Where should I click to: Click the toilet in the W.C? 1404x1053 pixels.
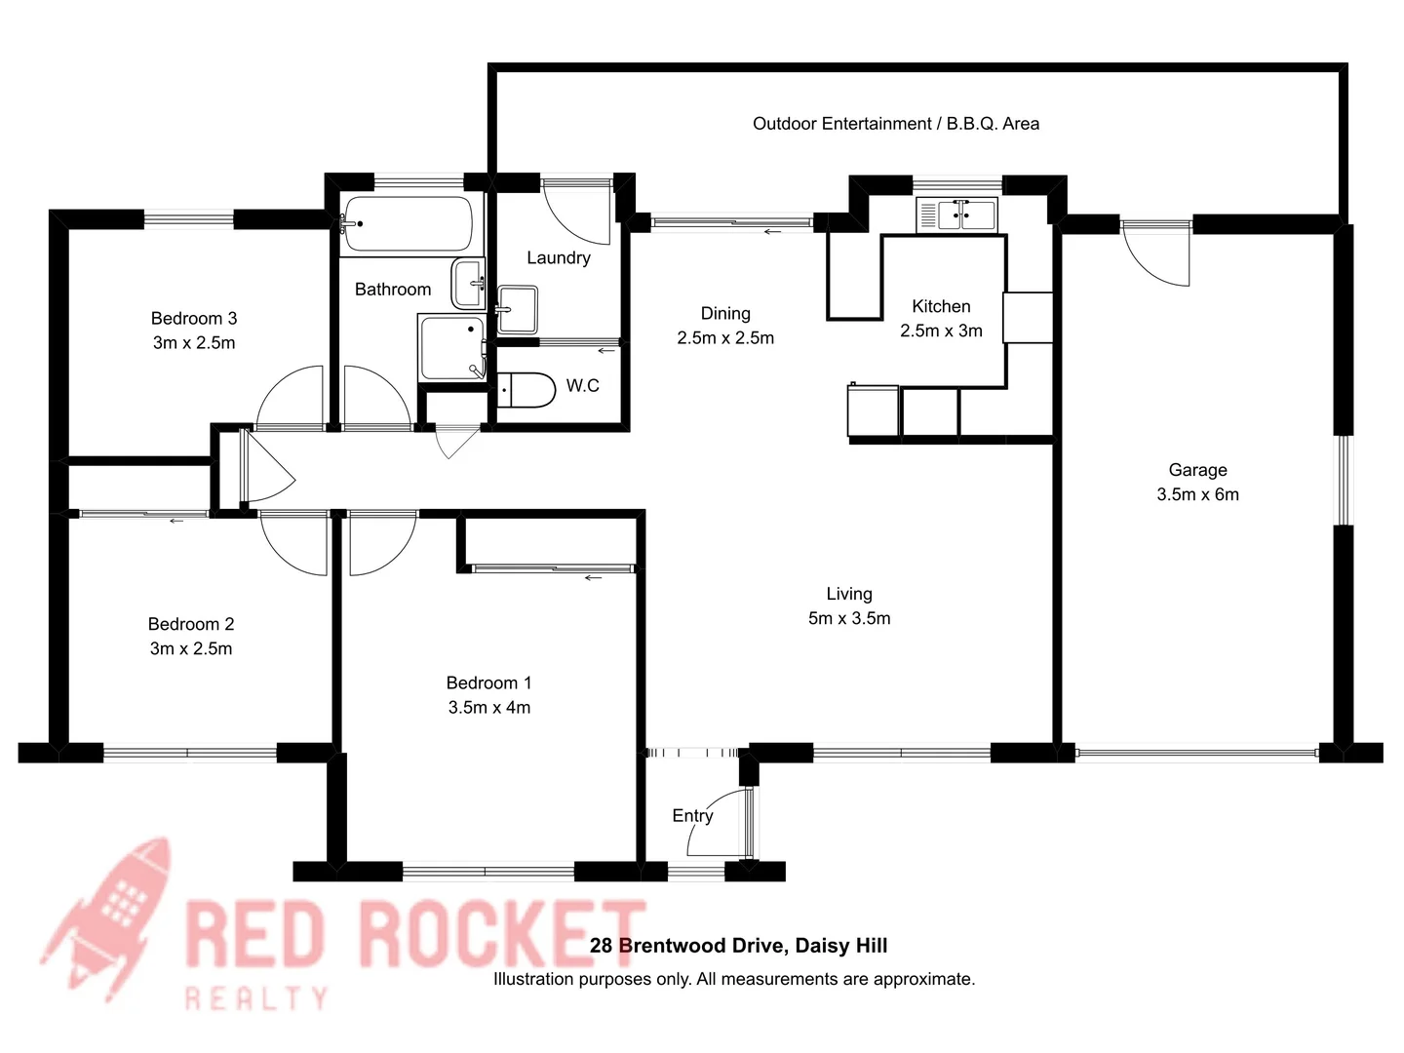tap(526, 389)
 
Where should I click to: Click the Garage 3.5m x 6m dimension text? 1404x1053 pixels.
tap(1197, 494)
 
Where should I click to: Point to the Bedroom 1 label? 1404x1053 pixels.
tap(488, 682)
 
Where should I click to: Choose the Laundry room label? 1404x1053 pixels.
tap(558, 257)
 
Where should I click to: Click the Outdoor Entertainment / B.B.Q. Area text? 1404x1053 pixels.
tap(895, 124)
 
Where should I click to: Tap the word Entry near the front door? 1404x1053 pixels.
tap(692, 815)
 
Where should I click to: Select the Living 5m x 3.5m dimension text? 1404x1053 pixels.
tap(848, 618)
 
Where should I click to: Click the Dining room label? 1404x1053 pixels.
tap(725, 313)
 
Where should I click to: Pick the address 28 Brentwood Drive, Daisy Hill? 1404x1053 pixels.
tap(738, 945)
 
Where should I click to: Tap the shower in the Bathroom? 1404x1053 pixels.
tap(451, 347)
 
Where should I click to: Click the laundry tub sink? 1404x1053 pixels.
tap(517, 309)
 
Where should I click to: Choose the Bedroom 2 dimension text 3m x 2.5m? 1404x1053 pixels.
tap(191, 648)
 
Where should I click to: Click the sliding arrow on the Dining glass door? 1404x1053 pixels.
tap(773, 232)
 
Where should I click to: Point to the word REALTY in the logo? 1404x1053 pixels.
tap(256, 997)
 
